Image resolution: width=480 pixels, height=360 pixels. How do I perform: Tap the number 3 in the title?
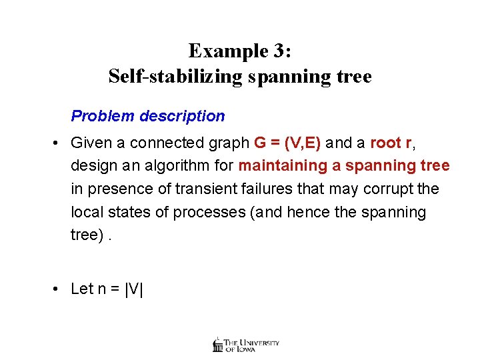tap(281, 51)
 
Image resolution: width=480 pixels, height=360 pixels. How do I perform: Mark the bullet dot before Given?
tap(59, 143)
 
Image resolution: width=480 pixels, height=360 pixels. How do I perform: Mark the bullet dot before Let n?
tap(59, 289)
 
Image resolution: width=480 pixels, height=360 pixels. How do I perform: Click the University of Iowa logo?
tap(246, 344)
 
